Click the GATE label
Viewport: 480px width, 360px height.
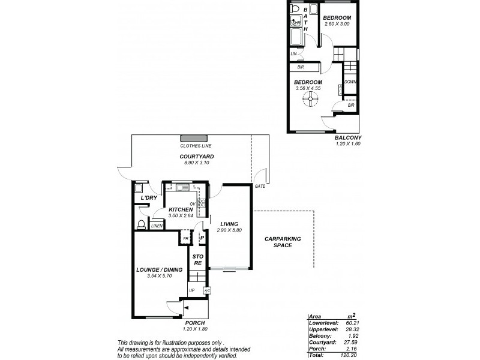tap(259, 187)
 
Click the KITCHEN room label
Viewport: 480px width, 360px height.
tap(180, 209)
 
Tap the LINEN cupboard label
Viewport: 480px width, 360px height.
tap(156, 226)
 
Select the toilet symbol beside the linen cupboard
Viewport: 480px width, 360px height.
tap(142, 225)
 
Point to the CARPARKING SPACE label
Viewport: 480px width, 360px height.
tap(283, 242)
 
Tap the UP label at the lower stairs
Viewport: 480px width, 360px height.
tap(192, 291)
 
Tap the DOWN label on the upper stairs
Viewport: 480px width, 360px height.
tap(350, 82)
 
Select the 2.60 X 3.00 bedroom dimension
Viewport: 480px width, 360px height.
tap(337, 24)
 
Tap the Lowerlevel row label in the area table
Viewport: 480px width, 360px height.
tap(320, 322)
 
